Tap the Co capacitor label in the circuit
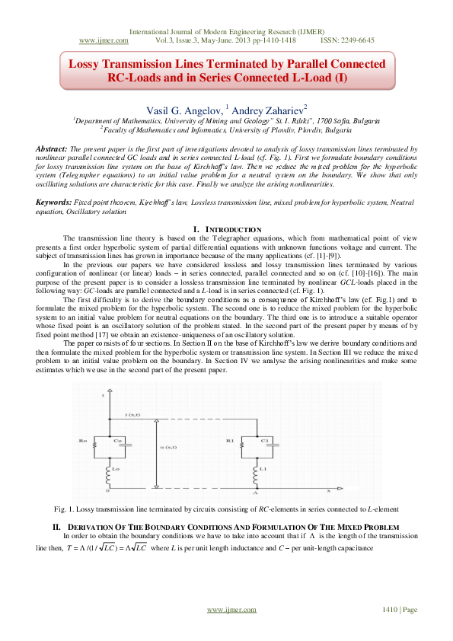click(117, 440)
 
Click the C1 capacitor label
click(265, 440)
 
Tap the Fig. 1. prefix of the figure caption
click(65, 487)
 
